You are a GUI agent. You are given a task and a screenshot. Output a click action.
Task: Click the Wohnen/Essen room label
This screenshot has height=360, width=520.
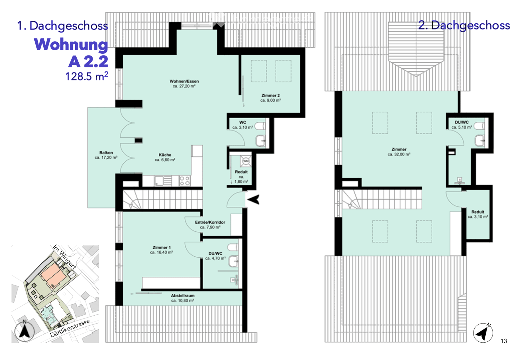[184, 84]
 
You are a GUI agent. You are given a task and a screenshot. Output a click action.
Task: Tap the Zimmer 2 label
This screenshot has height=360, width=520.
[270, 98]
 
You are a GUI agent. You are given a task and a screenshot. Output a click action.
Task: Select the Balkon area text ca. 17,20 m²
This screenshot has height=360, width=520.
[106, 157]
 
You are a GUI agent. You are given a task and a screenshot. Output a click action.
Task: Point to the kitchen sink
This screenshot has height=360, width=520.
[159, 181]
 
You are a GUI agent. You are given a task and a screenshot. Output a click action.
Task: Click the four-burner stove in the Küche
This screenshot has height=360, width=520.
[184, 181]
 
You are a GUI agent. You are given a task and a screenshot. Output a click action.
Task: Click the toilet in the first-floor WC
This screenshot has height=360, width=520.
[260, 127]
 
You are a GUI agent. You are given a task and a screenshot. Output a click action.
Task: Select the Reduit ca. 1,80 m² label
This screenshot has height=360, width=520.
[241, 177]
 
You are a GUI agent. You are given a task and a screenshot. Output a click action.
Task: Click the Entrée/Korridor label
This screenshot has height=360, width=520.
[210, 225]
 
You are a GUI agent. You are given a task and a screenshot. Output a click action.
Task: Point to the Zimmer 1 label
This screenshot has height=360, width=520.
[162, 250]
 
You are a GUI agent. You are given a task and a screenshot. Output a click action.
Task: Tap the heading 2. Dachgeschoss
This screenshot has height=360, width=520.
[464, 25]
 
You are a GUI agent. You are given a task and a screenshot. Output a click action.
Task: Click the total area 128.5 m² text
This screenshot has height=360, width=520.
[87, 76]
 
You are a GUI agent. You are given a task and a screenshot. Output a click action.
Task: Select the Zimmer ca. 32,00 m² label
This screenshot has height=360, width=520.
[399, 152]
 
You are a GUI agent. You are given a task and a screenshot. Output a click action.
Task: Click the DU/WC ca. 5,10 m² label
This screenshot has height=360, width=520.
[462, 125]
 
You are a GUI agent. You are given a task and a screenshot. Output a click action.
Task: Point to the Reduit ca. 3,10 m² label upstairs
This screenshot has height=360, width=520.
[478, 214]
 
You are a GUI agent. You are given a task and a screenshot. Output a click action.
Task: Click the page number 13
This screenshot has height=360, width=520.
[504, 341]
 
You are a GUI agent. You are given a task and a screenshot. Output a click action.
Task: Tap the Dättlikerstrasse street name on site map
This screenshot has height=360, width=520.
[70, 328]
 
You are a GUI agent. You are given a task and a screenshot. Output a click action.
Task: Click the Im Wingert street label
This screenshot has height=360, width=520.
[64, 257]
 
